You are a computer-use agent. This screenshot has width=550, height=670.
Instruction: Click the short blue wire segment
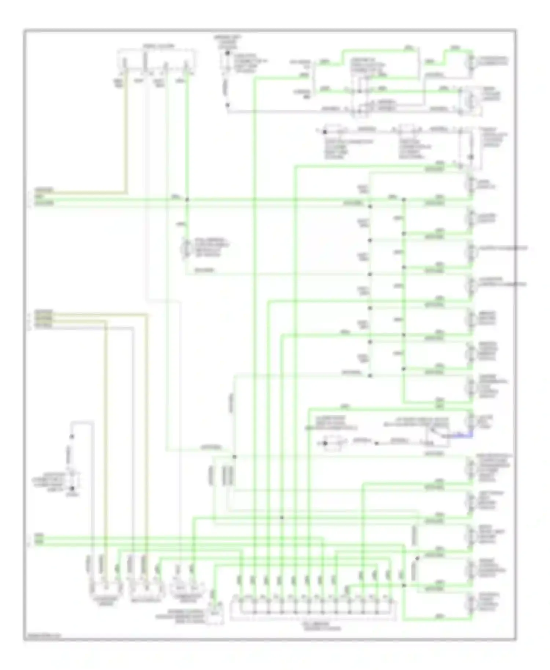pos(463,436)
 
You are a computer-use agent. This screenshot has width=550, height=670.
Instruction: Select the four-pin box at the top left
pos(157,59)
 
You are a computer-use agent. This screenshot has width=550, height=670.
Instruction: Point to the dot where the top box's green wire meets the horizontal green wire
pos(187,200)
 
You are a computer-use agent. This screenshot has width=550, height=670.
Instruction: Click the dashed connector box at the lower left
pos(73,479)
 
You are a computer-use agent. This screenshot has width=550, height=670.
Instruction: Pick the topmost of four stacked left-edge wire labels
pos(43,312)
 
